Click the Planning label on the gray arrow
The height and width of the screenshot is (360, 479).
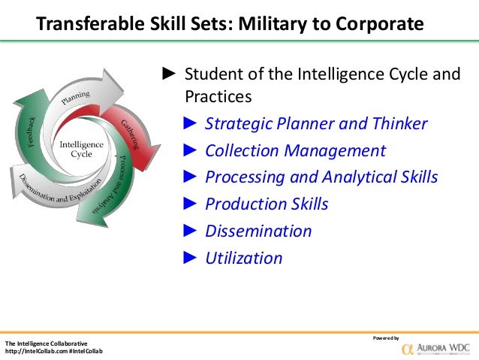click(76, 98)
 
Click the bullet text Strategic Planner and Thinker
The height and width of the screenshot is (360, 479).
click(316, 123)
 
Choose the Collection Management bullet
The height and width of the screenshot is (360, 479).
click(295, 150)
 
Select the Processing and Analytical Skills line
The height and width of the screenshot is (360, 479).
click(321, 177)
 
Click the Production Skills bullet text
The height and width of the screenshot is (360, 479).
click(267, 204)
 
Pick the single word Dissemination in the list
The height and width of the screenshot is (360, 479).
click(258, 231)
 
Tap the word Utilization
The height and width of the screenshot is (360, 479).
click(244, 258)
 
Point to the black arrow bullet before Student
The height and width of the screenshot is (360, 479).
click(169, 75)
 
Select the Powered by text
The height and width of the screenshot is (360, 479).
click(386, 337)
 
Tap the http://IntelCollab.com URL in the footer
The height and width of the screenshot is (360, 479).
click(35, 352)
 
